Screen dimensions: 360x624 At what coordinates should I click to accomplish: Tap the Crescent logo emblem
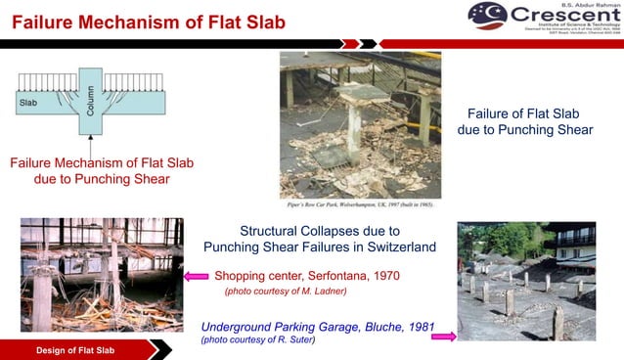(x=487, y=17)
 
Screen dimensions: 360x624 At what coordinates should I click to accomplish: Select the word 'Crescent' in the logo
(x=562, y=17)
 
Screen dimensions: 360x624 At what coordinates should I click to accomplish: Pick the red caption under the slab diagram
(x=90, y=170)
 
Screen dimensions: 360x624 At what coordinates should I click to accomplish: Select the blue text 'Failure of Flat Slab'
(x=525, y=112)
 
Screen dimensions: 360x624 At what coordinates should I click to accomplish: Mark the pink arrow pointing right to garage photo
(x=443, y=336)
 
